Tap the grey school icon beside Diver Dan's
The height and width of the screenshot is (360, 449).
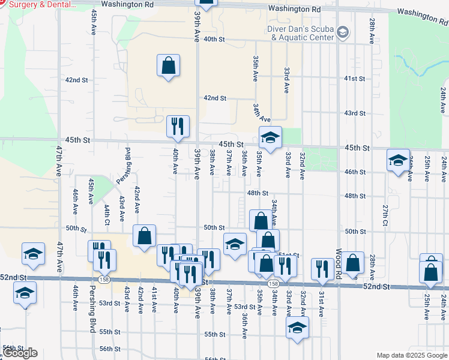[x=343, y=32]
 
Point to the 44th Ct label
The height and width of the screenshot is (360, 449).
[x=106, y=214]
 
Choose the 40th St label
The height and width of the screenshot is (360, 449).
[x=214, y=39]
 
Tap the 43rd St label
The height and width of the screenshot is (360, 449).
[x=355, y=113]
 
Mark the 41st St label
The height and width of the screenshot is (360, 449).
[x=355, y=79]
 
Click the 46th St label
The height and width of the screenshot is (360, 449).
[x=355, y=172]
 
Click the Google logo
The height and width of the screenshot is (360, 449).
[x=20, y=353]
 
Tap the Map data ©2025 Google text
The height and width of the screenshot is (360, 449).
[x=411, y=355]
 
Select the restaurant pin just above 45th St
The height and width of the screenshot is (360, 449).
[x=178, y=127]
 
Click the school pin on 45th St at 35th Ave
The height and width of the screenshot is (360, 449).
[x=270, y=137]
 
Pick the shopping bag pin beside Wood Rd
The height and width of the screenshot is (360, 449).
[x=354, y=262]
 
